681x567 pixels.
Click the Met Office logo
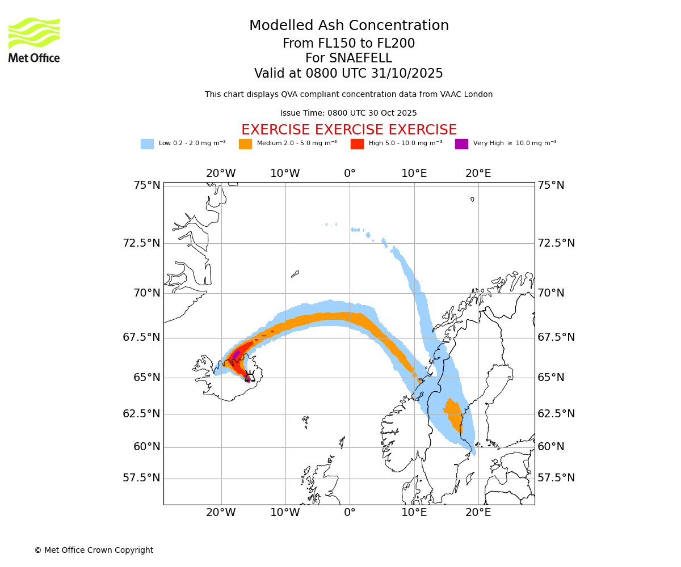34,40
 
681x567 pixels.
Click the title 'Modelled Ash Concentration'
349,26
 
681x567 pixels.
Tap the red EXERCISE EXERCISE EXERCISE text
349,130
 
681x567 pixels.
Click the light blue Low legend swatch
147,144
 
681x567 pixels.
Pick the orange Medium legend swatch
245,144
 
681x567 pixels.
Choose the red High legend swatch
357,144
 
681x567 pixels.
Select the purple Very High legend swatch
461,144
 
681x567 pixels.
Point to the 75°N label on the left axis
141,185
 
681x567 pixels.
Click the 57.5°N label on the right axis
556,478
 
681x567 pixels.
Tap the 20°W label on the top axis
221,174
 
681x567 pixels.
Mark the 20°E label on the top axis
478,174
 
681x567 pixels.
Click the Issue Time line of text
348,113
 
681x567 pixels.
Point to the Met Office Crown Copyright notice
94,551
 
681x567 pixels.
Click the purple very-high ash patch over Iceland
236,355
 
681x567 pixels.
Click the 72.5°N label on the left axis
141,243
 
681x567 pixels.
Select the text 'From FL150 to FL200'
349,44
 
